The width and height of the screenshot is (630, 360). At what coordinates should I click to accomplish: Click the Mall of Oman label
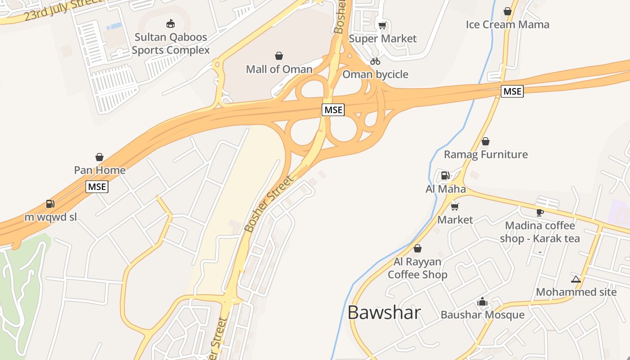279,69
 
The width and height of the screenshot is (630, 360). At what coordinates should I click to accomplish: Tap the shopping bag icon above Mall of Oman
279,56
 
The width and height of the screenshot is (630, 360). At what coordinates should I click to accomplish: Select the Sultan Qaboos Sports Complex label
171,44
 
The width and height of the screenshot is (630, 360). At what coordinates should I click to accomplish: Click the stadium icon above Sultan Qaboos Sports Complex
170,23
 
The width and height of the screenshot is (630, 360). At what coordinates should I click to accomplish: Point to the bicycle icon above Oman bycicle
375,61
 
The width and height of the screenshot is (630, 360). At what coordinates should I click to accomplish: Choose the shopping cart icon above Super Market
382,25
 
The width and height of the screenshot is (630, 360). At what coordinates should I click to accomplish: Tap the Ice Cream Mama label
507,24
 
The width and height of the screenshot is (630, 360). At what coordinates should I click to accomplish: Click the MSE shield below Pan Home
97,186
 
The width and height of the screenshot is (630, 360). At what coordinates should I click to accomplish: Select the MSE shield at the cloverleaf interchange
333,109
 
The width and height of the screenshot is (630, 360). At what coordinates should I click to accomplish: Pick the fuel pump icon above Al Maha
445,175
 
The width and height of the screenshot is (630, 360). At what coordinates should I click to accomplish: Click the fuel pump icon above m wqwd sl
50,204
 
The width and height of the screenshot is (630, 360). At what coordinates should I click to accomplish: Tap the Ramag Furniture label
486,154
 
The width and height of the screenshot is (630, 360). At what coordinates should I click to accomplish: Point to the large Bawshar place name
384,312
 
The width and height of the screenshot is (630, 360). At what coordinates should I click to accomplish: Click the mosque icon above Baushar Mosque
482,301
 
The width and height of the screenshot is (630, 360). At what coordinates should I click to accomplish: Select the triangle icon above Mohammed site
576,279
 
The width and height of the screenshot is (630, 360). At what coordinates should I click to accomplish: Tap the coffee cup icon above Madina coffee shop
540,212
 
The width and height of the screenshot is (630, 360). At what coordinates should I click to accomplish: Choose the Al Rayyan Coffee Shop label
418,268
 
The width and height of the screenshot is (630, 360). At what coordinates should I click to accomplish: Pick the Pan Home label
99,171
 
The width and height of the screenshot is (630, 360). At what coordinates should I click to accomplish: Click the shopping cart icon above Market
455,207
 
